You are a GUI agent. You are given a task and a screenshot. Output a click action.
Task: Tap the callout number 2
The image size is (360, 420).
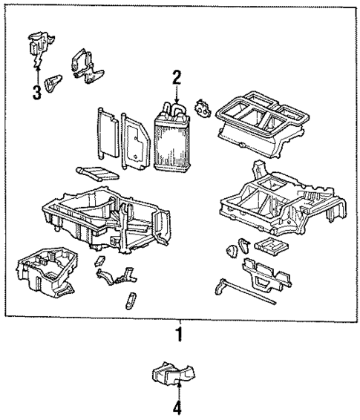177,77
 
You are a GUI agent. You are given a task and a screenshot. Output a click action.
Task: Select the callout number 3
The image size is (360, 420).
35,93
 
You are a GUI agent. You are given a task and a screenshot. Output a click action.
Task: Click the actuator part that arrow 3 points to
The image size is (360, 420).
39,46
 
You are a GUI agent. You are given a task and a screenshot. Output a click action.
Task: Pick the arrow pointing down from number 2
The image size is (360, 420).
177,95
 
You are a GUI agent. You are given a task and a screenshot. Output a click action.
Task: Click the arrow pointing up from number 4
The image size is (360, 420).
177,390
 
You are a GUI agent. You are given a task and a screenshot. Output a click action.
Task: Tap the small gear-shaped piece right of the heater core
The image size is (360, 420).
202,108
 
